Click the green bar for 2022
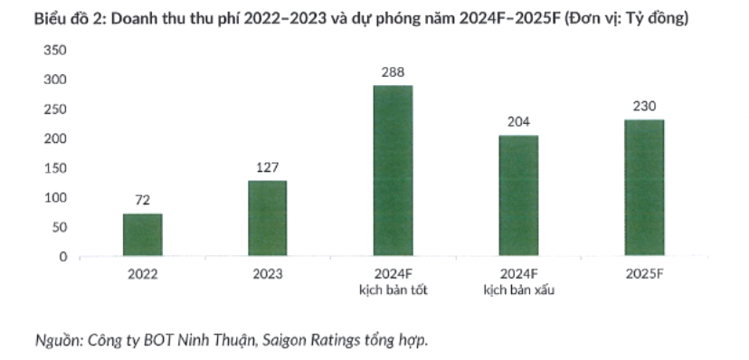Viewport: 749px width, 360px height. (x=143, y=235)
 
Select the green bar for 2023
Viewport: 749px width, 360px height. (x=268, y=219)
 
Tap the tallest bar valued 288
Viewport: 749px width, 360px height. (x=393, y=171)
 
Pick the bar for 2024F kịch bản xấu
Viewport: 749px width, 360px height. (x=518, y=196)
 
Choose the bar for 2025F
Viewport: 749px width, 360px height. (x=644, y=188)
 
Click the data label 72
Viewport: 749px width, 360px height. (x=143, y=201)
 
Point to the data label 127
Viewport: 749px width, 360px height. (x=268, y=167)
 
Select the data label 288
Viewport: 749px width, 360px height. (x=393, y=72)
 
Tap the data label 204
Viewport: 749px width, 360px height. (x=518, y=122)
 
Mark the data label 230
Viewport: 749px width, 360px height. (x=644, y=107)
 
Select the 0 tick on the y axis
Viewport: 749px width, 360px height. (x=63, y=257)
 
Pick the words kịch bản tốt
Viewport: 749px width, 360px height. (x=393, y=289)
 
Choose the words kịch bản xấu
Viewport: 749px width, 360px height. (x=518, y=289)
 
